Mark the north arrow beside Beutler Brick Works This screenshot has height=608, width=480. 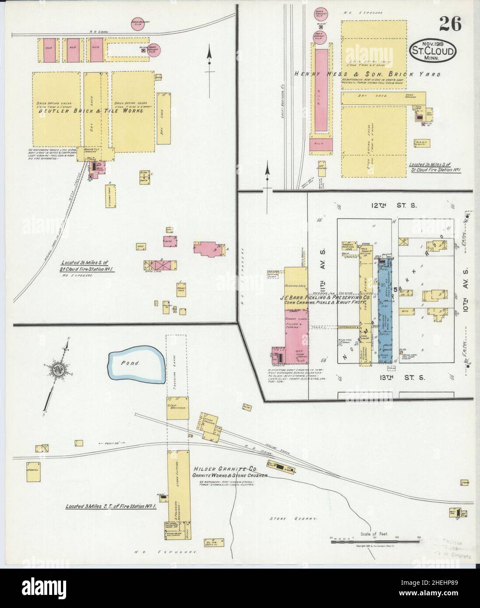click(210, 61)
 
